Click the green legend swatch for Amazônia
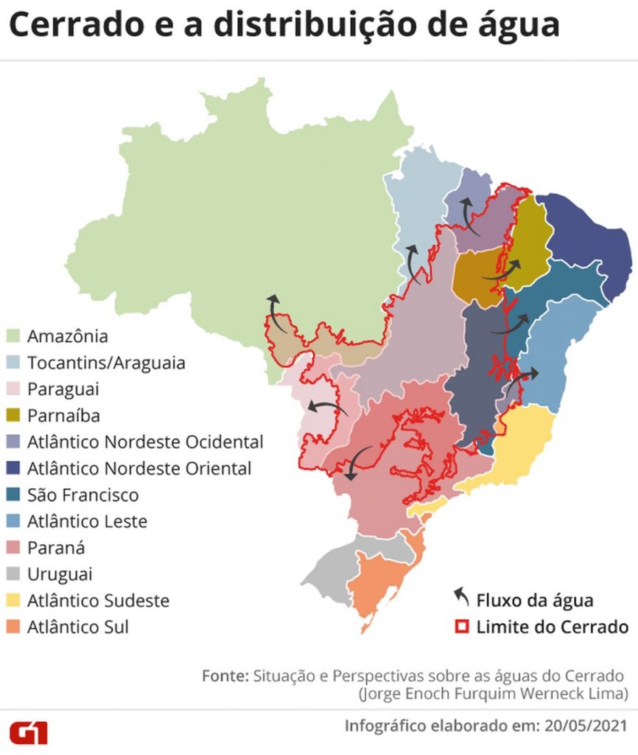tap(14, 336)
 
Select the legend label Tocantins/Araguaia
tap(106, 363)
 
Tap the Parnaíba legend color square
tap(14, 415)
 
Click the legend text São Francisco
tap(83, 495)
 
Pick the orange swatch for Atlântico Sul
tap(14, 627)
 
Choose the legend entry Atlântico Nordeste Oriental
tap(139, 468)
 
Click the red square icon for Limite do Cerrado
tap(462, 627)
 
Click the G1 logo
tap(28, 733)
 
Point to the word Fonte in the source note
tap(224, 676)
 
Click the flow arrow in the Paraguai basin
tap(329, 406)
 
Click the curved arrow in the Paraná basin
tap(360, 462)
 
